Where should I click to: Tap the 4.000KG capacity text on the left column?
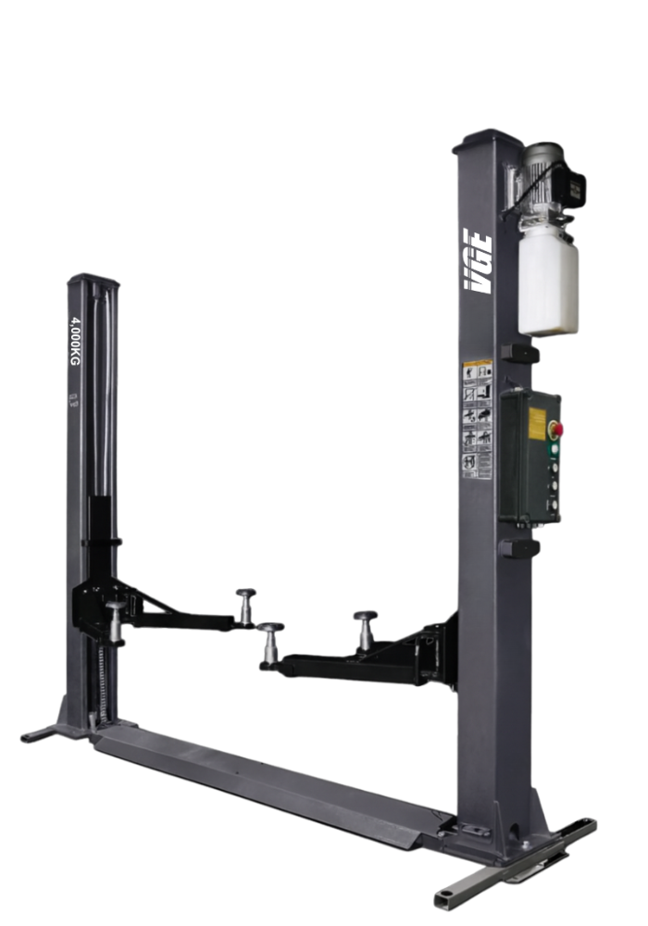pyautogui.click(x=75, y=340)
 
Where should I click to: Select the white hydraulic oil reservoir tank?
pyautogui.click(x=548, y=280)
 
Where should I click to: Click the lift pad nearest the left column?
pyautogui.click(x=115, y=618)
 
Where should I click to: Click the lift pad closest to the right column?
pyautogui.click(x=366, y=627)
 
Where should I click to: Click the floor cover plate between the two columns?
pyautogui.click(x=268, y=778)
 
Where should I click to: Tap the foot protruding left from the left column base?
pyautogui.click(x=39, y=736)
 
